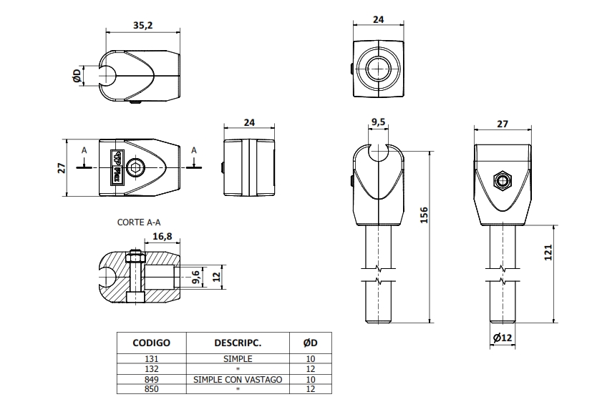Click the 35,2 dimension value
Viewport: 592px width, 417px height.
tap(142, 25)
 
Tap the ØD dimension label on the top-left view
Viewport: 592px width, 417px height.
tap(77, 76)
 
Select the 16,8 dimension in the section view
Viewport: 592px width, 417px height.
tap(162, 236)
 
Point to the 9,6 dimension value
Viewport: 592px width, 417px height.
tap(195, 277)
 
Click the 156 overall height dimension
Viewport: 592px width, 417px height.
tap(424, 215)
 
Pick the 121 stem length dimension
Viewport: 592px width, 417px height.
tap(548, 252)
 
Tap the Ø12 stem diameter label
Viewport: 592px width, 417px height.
tap(503, 338)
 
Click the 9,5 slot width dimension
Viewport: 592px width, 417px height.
tap(378, 122)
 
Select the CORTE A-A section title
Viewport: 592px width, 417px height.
tap(139, 222)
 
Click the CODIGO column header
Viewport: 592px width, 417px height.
tap(151, 343)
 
